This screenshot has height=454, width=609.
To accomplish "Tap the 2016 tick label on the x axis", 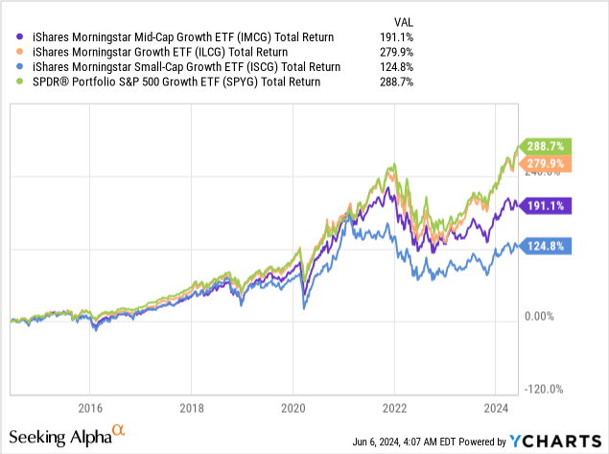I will click(x=90, y=406).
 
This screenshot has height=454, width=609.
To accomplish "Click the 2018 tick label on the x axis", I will click(x=192, y=406).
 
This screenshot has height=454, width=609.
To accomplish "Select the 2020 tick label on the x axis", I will click(x=293, y=406).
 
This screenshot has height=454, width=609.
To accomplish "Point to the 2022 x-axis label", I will click(x=395, y=406).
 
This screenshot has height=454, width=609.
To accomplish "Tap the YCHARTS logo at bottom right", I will click(x=553, y=442).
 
